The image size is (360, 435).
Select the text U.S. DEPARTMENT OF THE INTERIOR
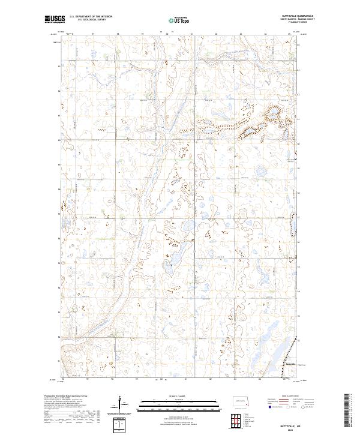pyautogui.click(x=90, y=17)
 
